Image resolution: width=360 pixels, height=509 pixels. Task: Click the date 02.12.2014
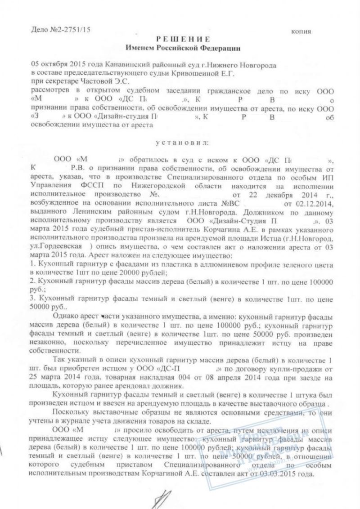coord(316,203)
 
